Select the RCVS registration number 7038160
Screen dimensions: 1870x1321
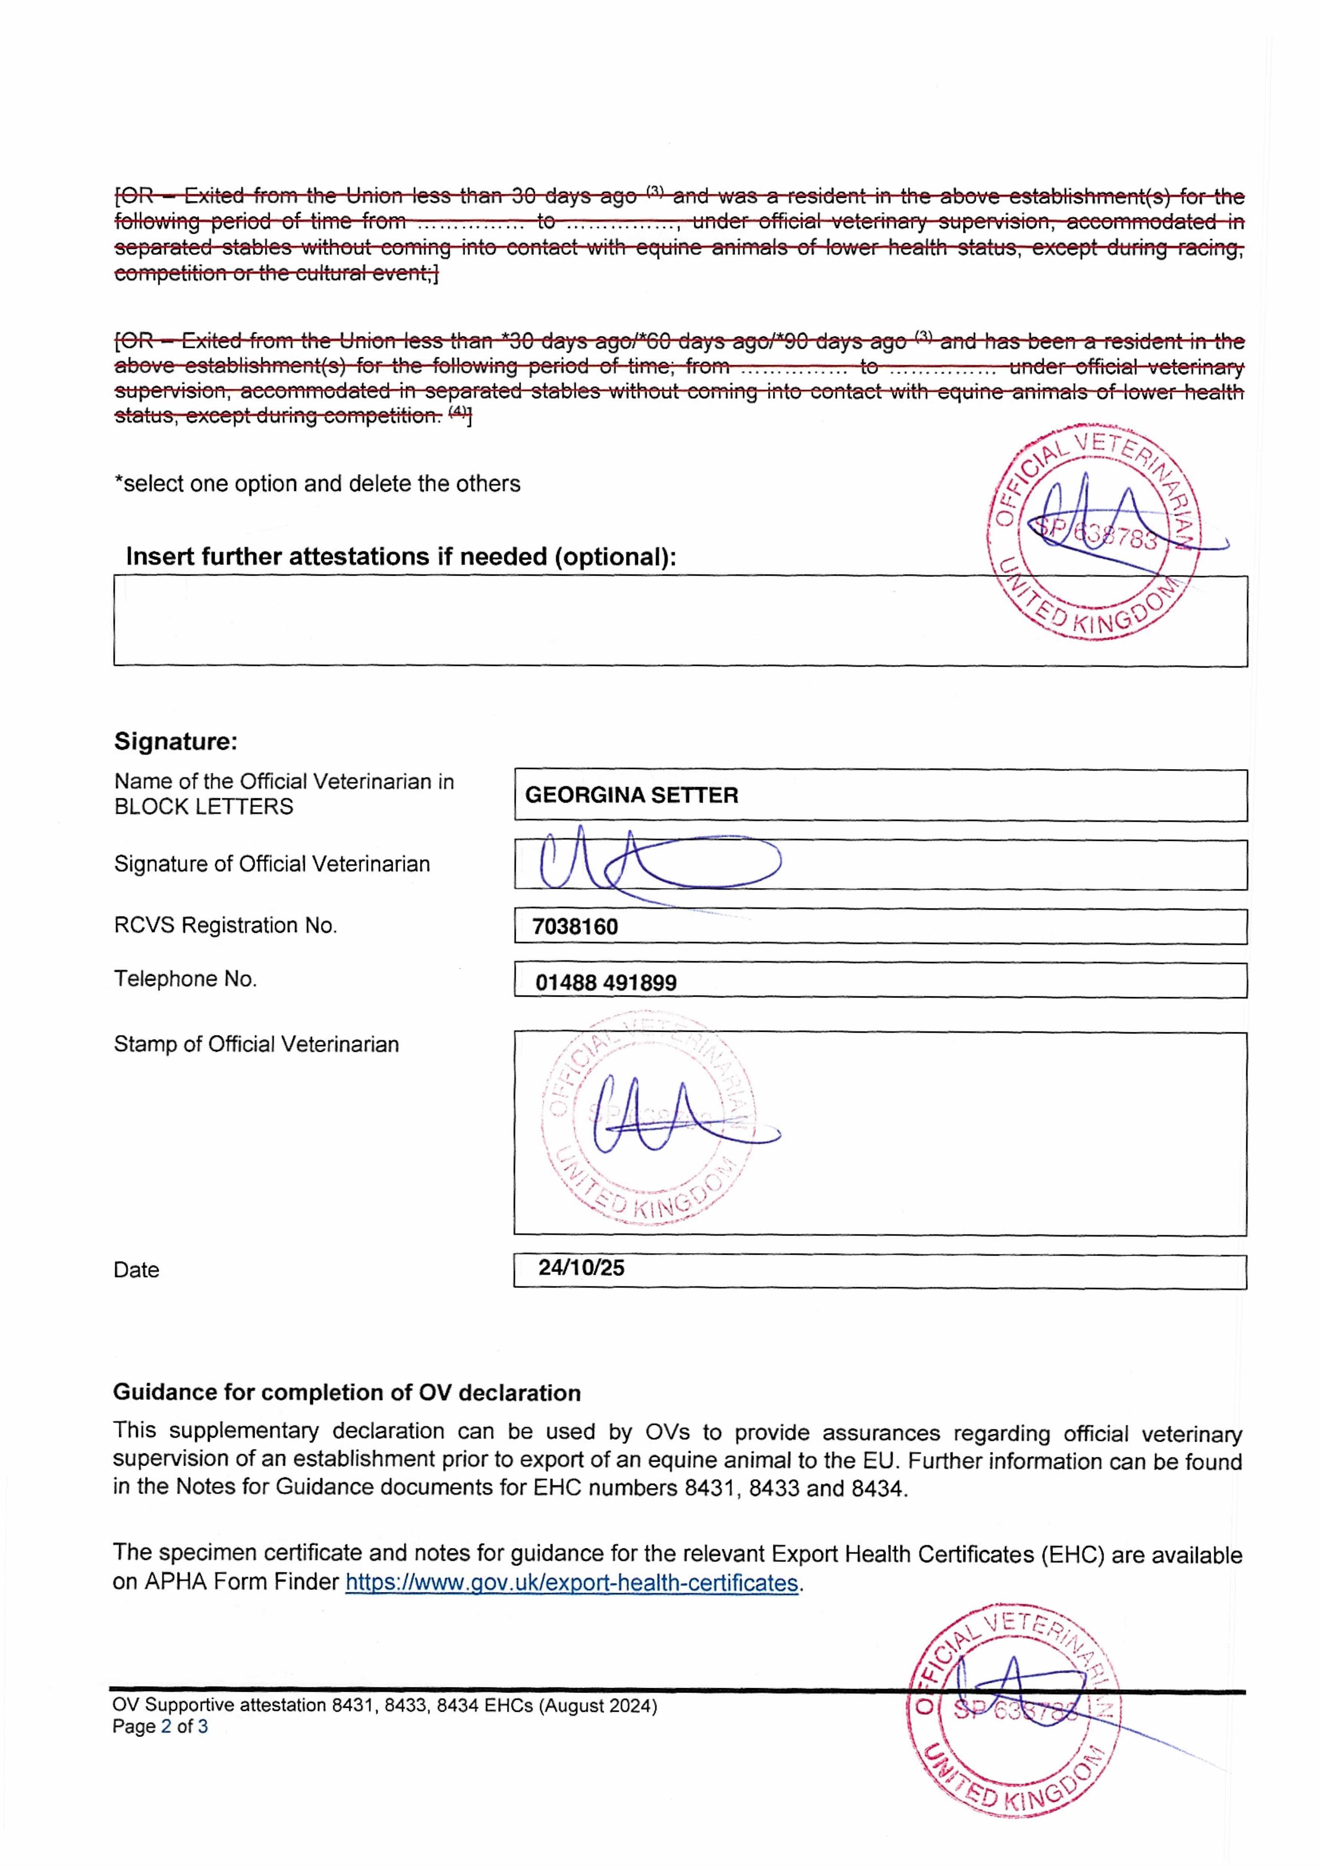click(x=575, y=927)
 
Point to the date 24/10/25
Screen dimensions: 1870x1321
click(x=581, y=1268)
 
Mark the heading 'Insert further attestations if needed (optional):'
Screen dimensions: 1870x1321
click(x=401, y=557)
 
